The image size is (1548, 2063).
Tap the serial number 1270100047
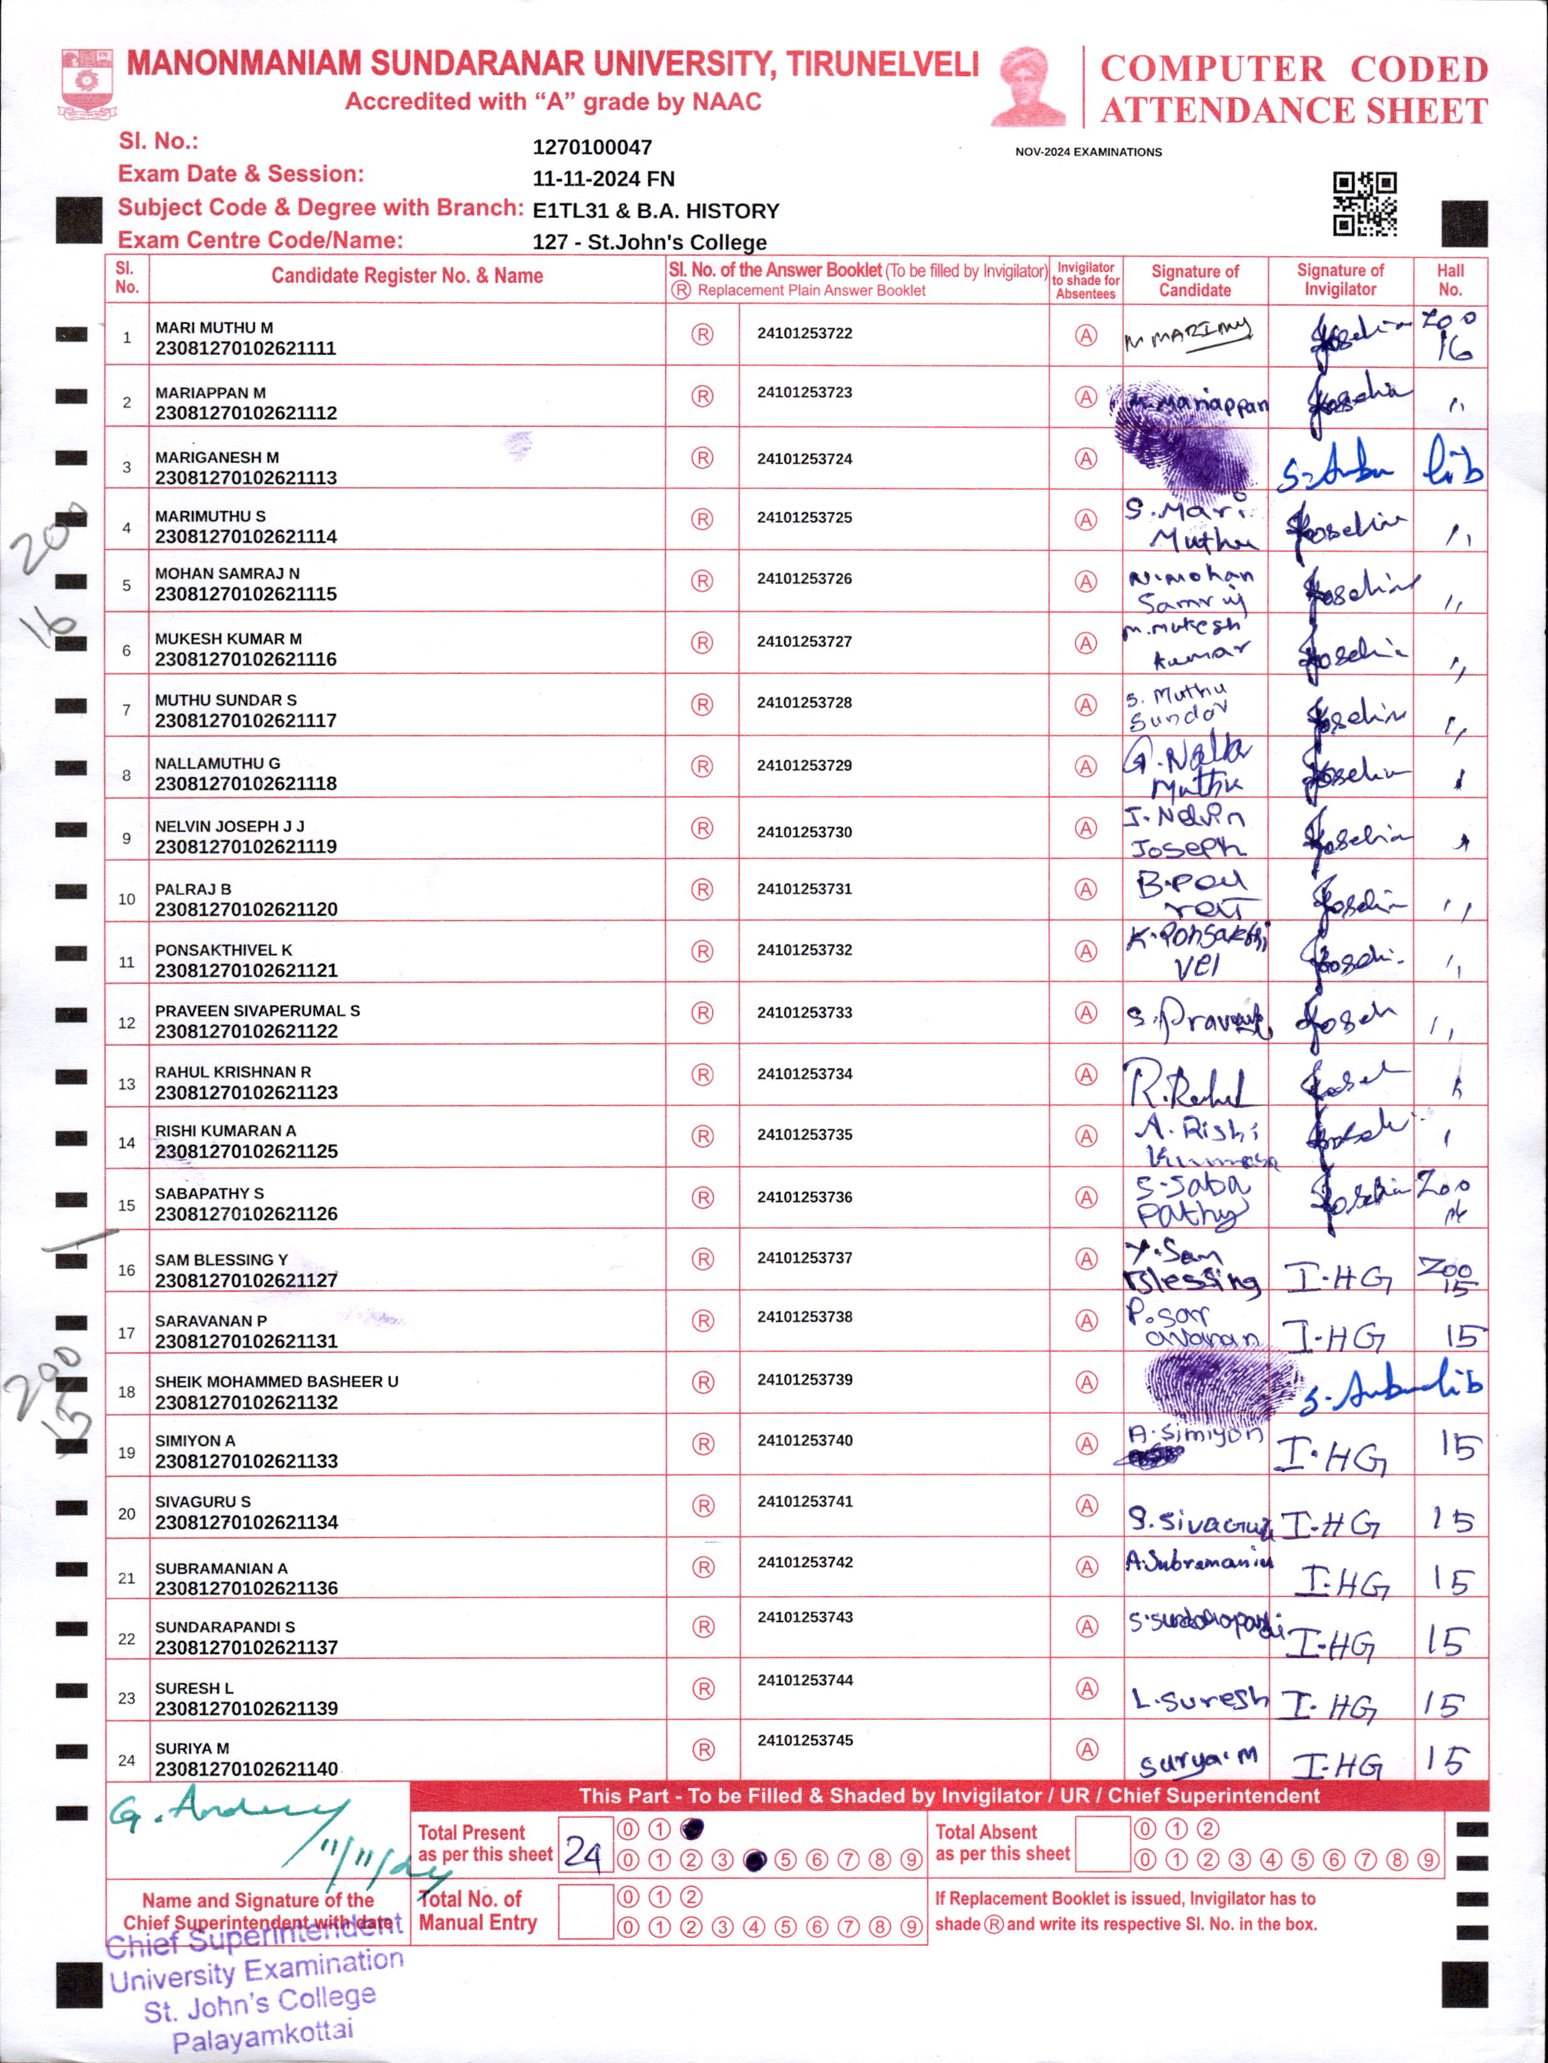tap(592, 147)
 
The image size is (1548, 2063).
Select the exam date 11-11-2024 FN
tap(603, 179)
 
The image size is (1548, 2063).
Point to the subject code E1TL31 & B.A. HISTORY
tap(656, 211)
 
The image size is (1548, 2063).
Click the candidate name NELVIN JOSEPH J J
tap(229, 826)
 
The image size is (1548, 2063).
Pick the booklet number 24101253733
tap(805, 1012)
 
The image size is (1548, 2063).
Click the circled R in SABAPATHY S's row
tap(702, 1197)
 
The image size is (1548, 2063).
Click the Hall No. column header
tap(1450, 280)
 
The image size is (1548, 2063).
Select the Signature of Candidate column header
tap(1195, 280)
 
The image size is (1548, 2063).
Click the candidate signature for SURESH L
tap(1199, 1699)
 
